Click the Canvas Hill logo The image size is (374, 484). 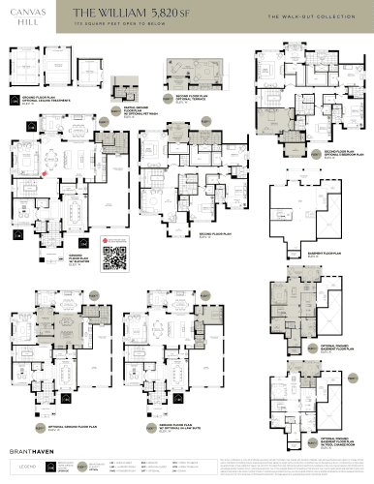[x=25, y=15]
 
